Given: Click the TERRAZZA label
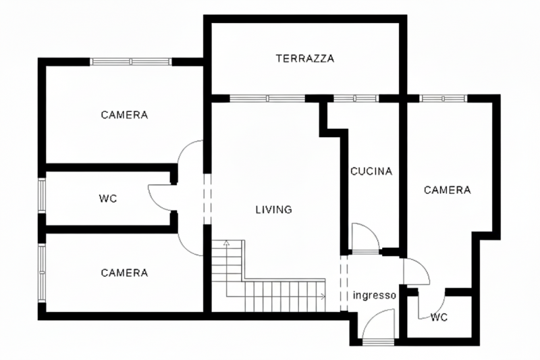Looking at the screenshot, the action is click(x=305, y=58).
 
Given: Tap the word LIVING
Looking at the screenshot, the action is click(x=274, y=209).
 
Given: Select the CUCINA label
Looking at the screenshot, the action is click(x=371, y=171).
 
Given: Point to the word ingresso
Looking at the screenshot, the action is click(x=375, y=296).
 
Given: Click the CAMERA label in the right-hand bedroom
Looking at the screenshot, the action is click(x=447, y=190).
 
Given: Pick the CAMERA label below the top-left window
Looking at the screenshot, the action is click(x=124, y=115).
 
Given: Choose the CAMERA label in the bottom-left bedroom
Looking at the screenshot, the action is click(x=124, y=273).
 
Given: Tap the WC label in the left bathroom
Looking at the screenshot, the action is click(x=108, y=199).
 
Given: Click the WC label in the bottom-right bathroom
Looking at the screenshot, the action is click(x=439, y=317).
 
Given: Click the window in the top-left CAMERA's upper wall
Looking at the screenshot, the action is click(x=131, y=61).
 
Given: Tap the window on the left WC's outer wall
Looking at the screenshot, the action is click(x=42, y=195).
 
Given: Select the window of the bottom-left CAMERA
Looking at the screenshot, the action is click(x=42, y=272).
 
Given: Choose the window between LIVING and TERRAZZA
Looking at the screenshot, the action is click(x=267, y=99).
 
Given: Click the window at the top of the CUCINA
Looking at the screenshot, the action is click(x=356, y=99).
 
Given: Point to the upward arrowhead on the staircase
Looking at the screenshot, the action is click(x=226, y=242).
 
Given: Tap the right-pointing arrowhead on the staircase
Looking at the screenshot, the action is click(x=323, y=296).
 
